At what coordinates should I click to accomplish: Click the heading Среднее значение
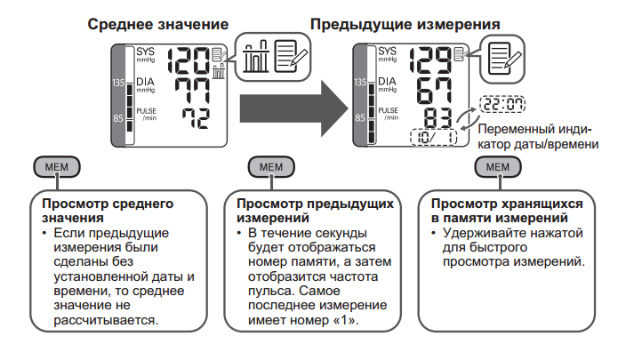pyautogui.click(x=157, y=24)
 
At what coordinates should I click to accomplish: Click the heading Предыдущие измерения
pyautogui.click(x=405, y=24)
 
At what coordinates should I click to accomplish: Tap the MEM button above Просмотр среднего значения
pyautogui.click(x=57, y=167)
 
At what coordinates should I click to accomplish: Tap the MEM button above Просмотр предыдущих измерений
pyautogui.click(x=271, y=167)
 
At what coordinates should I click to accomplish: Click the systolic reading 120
pyautogui.click(x=189, y=60)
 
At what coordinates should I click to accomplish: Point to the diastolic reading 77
pyautogui.click(x=192, y=91)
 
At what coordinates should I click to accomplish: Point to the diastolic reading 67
pyautogui.click(x=435, y=90)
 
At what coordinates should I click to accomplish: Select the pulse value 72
pyautogui.click(x=197, y=118)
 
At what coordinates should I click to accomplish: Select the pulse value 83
pyautogui.click(x=437, y=118)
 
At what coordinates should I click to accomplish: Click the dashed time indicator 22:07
pyautogui.click(x=502, y=104)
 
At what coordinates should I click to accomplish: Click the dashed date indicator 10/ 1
pyautogui.click(x=433, y=137)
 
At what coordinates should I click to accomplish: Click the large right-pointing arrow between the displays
pyautogui.click(x=294, y=108)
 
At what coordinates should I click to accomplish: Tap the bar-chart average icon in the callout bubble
pyautogui.click(x=256, y=57)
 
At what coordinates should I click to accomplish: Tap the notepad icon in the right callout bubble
pyautogui.click(x=504, y=59)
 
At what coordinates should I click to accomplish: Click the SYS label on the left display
pyautogui.click(x=145, y=52)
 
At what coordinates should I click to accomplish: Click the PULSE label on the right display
pyautogui.click(x=389, y=110)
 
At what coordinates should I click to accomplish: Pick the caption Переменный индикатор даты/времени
pyautogui.click(x=538, y=137)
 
